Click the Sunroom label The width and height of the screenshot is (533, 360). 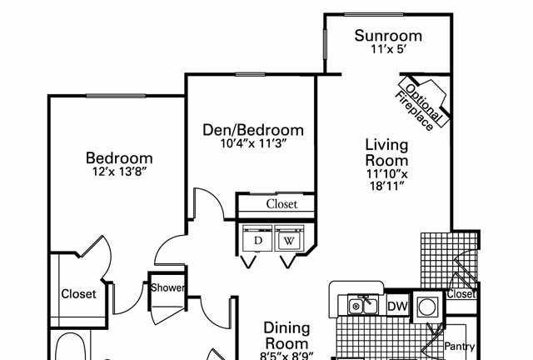[388, 36]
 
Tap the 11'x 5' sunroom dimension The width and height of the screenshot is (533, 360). [389, 50]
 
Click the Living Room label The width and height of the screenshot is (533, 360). [386, 152]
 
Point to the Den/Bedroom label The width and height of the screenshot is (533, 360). [253, 130]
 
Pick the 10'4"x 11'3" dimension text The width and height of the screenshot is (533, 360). [253, 144]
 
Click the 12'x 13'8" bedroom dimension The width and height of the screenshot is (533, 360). [119, 172]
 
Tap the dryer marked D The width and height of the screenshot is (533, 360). [257, 240]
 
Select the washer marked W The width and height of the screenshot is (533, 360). [289, 240]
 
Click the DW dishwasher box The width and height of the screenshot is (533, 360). [398, 307]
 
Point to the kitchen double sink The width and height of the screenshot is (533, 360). [363, 305]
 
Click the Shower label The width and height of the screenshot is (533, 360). [168, 287]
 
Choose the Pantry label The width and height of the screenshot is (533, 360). [460, 347]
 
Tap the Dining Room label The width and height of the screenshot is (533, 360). [286, 336]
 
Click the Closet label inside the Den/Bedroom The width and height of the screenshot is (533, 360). [281, 204]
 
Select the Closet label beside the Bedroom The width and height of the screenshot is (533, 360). [78, 293]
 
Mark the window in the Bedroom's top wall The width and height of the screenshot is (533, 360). [116, 96]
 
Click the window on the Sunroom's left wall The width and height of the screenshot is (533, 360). [325, 44]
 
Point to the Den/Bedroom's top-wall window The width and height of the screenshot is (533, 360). [250, 74]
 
